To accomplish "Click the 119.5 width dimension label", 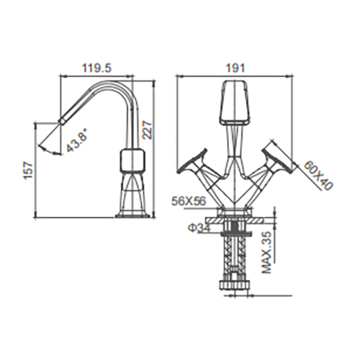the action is click(x=97, y=68).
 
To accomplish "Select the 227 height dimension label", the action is click(x=147, y=130).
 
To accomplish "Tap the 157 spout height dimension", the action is click(x=28, y=171).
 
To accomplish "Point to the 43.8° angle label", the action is click(x=76, y=143).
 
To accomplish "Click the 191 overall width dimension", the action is click(x=235, y=68).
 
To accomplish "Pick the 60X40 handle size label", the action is click(x=318, y=176).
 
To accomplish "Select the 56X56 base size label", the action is click(x=189, y=201).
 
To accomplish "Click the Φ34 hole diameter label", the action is click(x=199, y=228).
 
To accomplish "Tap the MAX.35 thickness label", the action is click(x=266, y=253).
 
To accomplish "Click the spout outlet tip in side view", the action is click(x=62, y=120).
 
